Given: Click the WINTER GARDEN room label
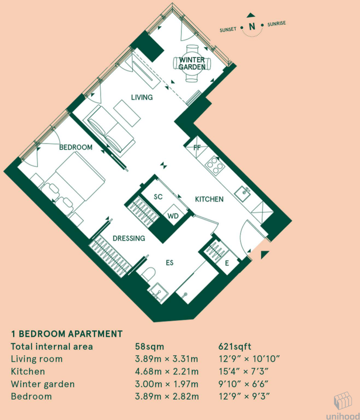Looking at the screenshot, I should (192, 63).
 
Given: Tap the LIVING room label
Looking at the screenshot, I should (142, 97).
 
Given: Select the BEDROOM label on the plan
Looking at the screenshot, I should (76, 147).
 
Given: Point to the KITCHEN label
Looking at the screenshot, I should (209, 199).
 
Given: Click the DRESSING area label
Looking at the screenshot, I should (129, 238).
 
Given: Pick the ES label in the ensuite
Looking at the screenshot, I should (169, 263).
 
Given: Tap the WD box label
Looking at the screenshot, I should (173, 216).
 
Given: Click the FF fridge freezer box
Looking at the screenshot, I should (197, 147).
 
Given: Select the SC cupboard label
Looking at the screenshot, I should (158, 197).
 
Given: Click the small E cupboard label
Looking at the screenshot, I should (227, 263).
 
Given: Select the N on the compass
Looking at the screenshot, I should (252, 27).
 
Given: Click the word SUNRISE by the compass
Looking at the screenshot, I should (277, 24).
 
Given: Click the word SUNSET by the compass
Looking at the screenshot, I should (228, 30).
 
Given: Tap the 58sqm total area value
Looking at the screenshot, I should (149, 346).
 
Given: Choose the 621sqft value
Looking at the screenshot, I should (235, 346).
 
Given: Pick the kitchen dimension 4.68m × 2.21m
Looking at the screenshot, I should (167, 371).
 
